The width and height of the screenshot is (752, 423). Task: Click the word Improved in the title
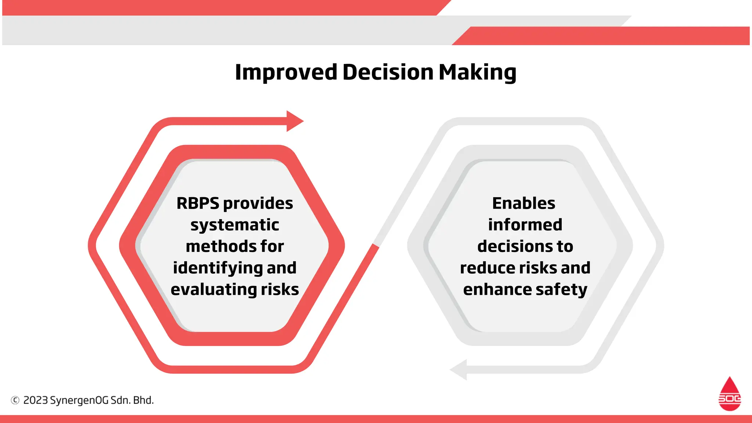tap(286, 72)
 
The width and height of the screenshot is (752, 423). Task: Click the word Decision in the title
tap(388, 72)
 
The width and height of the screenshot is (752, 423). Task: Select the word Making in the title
tap(477, 72)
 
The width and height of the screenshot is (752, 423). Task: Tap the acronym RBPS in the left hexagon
tap(198, 203)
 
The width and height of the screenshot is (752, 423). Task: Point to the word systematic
tap(235, 225)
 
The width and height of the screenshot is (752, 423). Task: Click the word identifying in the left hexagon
tap(217, 268)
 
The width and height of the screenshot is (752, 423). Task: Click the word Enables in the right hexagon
tap(524, 203)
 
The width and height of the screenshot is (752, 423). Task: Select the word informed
tap(525, 225)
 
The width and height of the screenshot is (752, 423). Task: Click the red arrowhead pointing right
tap(294, 121)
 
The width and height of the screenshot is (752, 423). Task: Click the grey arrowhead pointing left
tap(459, 369)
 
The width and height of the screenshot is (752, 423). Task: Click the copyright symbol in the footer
tap(15, 400)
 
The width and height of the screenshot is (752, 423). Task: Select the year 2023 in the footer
tap(36, 400)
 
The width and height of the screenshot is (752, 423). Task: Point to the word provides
tap(258, 203)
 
